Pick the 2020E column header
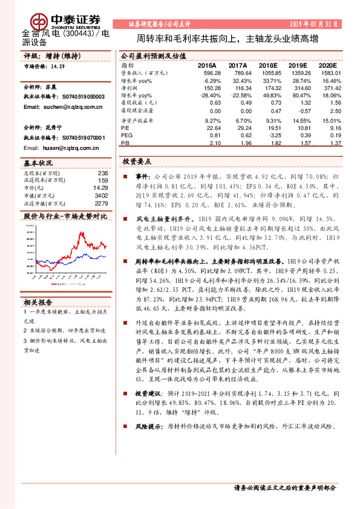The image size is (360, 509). (327, 65)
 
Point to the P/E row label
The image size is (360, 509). (125, 128)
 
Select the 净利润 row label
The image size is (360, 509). (129, 88)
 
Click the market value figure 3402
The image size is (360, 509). (101, 195)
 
